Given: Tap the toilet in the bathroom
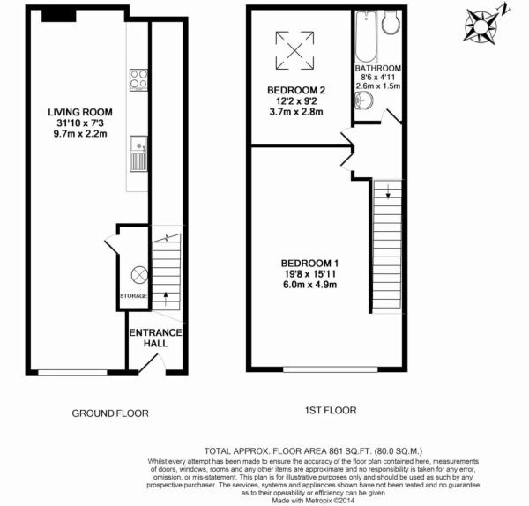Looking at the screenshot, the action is tap(391, 22).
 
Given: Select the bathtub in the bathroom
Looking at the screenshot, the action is tap(366, 37).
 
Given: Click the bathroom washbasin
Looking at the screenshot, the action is tap(364, 100).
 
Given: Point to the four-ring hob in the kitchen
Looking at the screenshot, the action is tap(138, 80).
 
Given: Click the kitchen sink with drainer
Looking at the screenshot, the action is tap(138, 153).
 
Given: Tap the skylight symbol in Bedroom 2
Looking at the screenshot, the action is tap(294, 50).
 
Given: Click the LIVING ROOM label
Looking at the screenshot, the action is tap(80, 112).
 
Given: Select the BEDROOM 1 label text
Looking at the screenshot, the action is tap(309, 263).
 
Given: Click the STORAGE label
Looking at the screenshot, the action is tap(134, 296).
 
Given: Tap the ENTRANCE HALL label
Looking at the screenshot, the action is tap(155, 338).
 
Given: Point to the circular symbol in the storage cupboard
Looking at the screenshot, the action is tap(139, 274).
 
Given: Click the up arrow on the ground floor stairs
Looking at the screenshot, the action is tap(166, 299).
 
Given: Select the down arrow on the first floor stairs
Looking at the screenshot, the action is tap(388, 191).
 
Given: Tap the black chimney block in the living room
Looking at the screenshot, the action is tap(59, 16).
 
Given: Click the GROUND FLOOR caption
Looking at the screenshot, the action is tap(110, 413).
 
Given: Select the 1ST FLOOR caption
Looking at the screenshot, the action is tap(331, 411).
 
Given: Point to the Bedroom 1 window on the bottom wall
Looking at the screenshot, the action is tap(331, 369).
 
